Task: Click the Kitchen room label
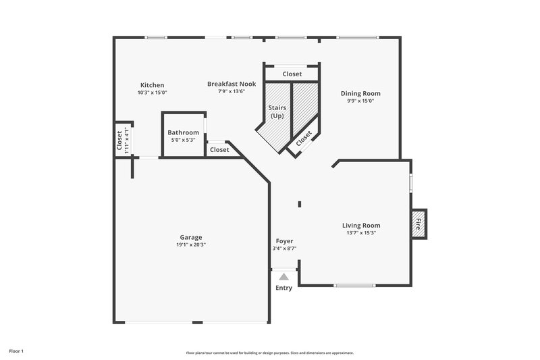[x=152, y=85]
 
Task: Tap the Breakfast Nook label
[x=226, y=84]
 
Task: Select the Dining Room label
[x=360, y=93]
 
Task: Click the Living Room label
[x=360, y=225]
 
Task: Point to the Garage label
[x=191, y=237]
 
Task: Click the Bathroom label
[x=184, y=132]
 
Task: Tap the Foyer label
[x=284, y=241]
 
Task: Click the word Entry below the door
[x=284, y=288]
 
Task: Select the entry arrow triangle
[x=284, y=276]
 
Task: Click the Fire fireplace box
[x=418, y=224]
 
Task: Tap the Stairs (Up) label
[x=277, y=111]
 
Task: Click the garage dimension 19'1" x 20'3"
[x=191, y=245]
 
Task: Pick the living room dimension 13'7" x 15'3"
[x=360, y=233]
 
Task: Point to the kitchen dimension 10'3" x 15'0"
[x=152, y=93]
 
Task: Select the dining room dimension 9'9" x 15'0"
[x=360, y=101]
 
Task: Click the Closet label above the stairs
[x=292, y=74]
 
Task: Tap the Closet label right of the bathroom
[x=219, y=150]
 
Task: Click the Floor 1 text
[x=16, y=351]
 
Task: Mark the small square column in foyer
[x=299, y=203]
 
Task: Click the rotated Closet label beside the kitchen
[x=119, y=139]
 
